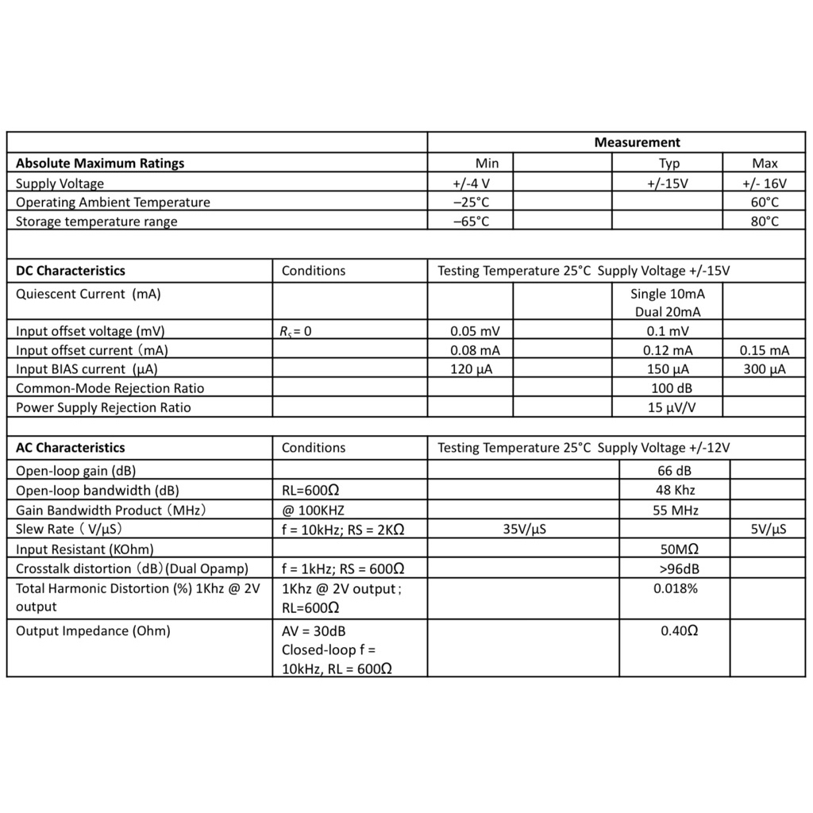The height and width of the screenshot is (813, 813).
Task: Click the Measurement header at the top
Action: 637,143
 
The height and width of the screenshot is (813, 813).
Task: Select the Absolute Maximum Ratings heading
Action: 100,164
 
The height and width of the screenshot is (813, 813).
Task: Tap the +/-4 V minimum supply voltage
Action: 471,183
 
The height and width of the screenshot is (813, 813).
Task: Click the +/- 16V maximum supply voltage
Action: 765,183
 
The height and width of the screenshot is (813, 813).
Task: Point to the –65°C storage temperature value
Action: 471,222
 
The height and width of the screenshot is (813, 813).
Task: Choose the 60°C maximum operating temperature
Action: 765,202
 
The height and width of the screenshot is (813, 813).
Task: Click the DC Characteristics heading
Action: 71,271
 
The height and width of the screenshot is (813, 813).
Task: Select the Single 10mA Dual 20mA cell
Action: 668,302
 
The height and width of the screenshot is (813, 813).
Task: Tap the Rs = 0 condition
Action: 296,332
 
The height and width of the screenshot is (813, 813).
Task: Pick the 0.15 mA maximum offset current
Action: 765,350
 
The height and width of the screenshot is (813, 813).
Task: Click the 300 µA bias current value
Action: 765,369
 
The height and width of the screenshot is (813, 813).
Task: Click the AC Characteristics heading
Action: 71,448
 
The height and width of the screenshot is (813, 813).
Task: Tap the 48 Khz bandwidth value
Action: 675,491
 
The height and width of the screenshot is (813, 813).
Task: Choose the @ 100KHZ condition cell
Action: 313,511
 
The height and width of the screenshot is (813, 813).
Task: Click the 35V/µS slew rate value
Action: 524,530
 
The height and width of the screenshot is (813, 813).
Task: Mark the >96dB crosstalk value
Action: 679,568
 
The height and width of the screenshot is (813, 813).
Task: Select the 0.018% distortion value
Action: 676,589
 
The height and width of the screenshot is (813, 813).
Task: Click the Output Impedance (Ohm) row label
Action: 94,631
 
